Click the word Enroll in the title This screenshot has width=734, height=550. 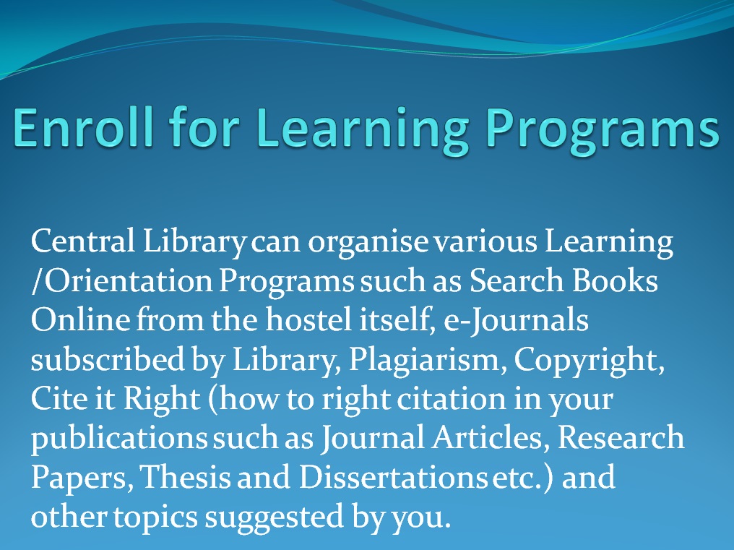tap(83, 126)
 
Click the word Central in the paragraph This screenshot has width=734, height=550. tap(83, 241)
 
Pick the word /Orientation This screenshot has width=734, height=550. tap(121, 280)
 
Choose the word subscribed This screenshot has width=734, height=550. tap(108, 359)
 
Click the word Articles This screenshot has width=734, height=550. tap(490, 437)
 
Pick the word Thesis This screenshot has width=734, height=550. tap(186, 477)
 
